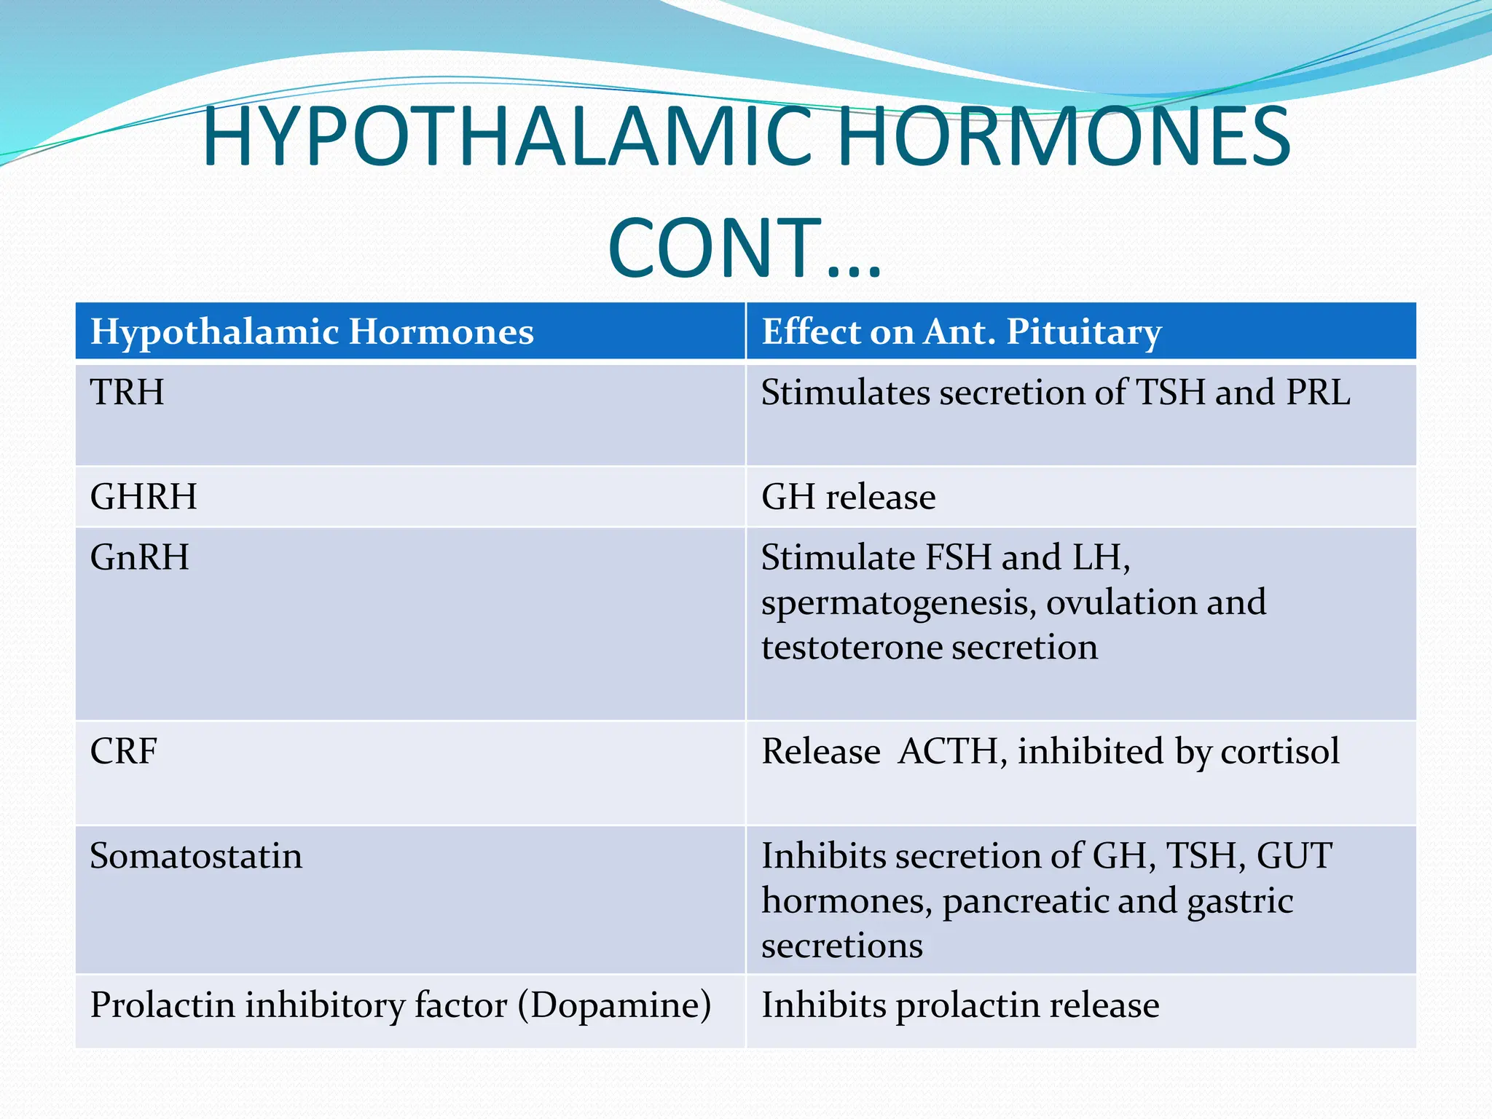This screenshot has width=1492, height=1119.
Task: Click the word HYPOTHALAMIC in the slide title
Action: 506,137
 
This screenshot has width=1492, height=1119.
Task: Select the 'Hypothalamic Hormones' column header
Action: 312,332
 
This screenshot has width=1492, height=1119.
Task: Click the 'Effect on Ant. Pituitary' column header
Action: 961,332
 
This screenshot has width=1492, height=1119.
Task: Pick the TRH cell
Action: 127,393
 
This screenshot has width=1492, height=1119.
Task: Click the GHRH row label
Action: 144,497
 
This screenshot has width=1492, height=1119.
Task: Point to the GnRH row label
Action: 139,557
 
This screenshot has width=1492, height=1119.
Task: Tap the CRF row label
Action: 123,751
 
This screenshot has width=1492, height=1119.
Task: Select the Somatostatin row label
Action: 195,856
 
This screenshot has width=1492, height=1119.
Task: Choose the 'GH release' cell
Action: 848,497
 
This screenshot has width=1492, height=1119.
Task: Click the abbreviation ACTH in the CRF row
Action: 948,751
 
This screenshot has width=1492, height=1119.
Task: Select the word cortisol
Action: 1280,751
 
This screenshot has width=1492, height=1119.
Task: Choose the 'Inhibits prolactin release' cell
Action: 959,1005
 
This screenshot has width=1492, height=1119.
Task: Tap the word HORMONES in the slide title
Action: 1064,137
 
